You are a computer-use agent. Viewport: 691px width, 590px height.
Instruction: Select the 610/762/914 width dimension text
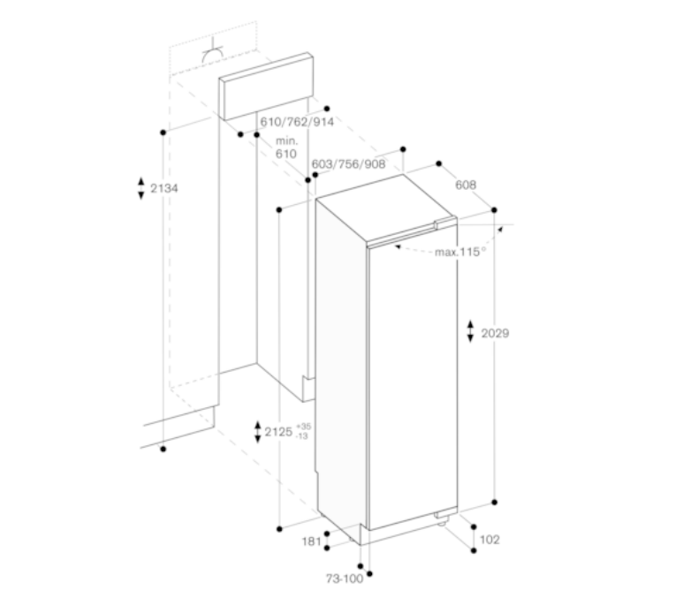[x=297, y=122]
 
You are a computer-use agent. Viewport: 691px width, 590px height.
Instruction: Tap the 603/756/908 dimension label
[x=349, y=164]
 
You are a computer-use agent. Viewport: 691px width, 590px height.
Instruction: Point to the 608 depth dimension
[x=466, y=185]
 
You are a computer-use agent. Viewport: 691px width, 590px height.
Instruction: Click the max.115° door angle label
[x=460, y=252]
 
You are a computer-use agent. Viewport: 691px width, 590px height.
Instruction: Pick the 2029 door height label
[x=495, y=333]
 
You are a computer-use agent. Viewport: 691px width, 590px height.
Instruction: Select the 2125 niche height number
[x=279, y=432]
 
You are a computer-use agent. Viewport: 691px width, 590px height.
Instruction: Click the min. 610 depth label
[x=285, y=147]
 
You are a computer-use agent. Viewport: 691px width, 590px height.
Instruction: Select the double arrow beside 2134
[x=140, y=187]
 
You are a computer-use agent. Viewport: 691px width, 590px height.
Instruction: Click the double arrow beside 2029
[x=471, y=332]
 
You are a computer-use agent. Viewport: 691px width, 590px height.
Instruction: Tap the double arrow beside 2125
[x=256, y=432]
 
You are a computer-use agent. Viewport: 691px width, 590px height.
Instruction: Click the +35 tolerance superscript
[x=303, y=427]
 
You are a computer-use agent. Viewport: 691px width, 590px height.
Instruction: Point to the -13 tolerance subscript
[x=303, y=436]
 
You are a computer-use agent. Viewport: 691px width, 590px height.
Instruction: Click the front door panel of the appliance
[x=412, y=380]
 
